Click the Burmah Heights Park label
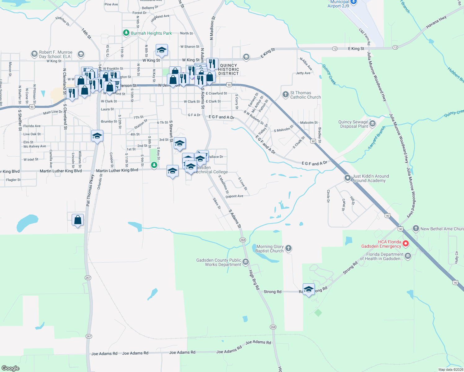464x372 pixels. coord(151,33)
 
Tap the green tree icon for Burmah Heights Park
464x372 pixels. coord(126,33)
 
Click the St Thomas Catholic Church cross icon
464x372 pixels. coord(286,95)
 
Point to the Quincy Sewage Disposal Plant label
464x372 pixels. coord(353,124)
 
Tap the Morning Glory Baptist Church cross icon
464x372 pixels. coord(288,248)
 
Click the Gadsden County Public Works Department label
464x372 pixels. coord(219,262)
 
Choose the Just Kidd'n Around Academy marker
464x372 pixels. coord(348,178)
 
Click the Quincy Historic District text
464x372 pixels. coord(229,69)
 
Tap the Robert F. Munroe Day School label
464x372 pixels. coord(56,54)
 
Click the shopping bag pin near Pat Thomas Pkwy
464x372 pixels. coord(78,220)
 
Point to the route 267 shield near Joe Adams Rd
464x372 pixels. coord(89,336)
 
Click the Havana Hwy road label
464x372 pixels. coord(436,22)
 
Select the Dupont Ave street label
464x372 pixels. coord(234,196)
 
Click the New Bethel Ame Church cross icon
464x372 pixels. coord(416,229)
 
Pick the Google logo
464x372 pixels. coord(10,368)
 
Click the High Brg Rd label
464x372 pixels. coord(254,280)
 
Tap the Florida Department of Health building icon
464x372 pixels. coord(408,256)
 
